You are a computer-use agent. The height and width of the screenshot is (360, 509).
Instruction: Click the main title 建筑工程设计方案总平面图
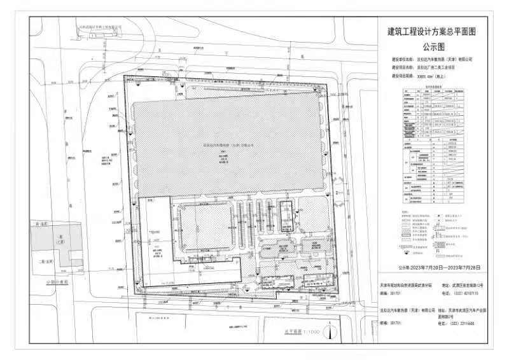coord(432,31)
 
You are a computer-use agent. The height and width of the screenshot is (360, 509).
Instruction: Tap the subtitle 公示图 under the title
coord(433,46)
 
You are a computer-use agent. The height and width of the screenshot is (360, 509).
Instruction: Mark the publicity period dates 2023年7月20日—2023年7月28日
coord(439,268)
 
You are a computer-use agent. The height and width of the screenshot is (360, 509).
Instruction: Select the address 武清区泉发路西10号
coord(468,286)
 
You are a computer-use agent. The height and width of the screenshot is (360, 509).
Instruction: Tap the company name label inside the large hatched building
coord(228,144)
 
